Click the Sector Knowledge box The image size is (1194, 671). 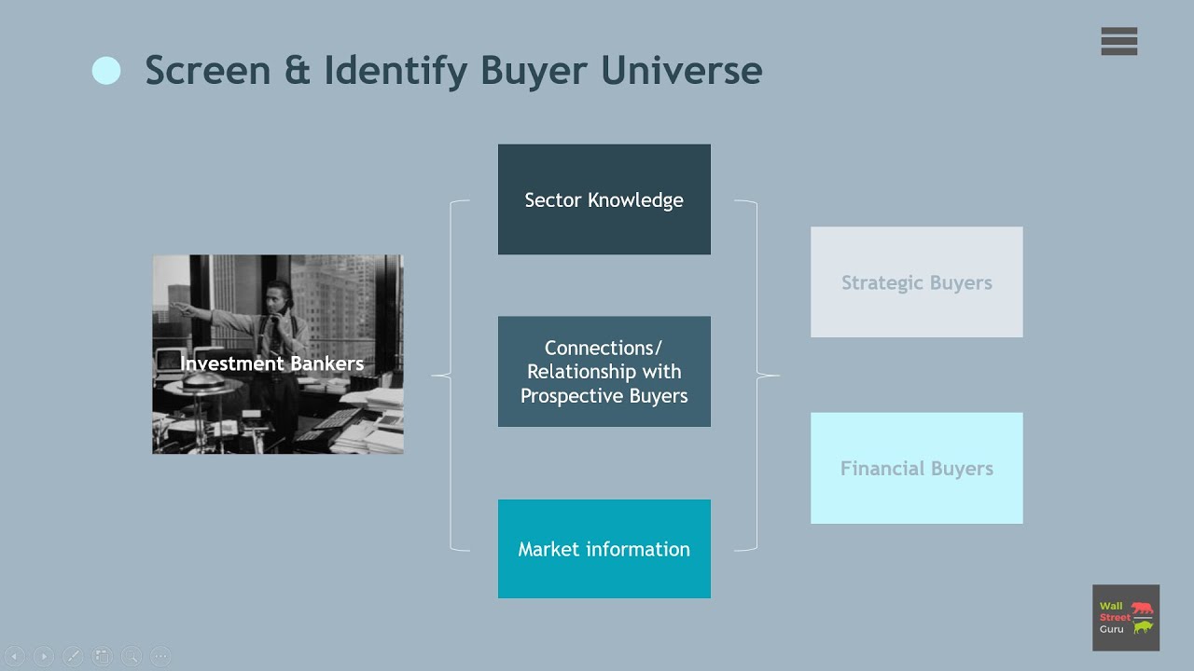point(604,199)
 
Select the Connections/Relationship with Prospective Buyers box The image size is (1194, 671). point(604,371)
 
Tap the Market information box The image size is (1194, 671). point(604,549)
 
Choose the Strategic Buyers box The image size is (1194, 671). point(916,282)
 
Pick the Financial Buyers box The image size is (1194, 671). point(916,468)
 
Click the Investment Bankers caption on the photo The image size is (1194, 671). point(272,363)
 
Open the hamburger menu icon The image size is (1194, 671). point(1118,42)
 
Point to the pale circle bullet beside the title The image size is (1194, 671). point(106,71)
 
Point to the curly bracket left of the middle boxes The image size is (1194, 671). point(451,376)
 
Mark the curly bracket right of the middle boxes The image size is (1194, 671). point(757,376)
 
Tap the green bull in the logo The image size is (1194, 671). point(1142,627)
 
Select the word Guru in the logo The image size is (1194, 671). point(1111,629)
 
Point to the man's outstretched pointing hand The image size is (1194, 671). point(178,308)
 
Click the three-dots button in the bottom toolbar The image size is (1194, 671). point(160,656)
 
